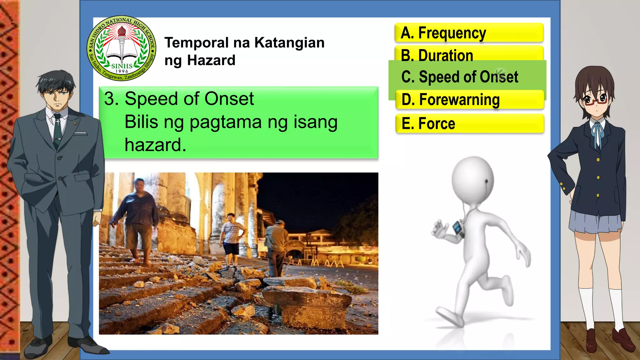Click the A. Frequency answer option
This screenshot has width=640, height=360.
(x=469, y=33)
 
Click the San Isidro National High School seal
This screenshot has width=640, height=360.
(x=122, y=48)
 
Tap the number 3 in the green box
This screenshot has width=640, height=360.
(x=109, y=99)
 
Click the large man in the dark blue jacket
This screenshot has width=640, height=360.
(x=137, y=216)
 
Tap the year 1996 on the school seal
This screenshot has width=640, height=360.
(x=122, y=71)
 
